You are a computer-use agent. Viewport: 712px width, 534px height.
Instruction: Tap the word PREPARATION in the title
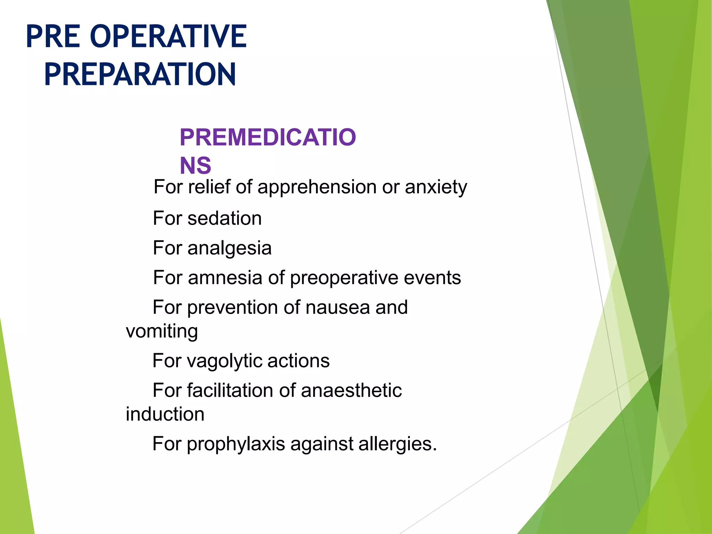point(140,74)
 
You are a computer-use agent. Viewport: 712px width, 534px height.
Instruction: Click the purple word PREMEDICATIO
point(268,137)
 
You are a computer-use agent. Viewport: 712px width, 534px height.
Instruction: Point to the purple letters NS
point(195,165)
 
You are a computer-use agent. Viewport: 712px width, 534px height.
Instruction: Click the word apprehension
point(317,188)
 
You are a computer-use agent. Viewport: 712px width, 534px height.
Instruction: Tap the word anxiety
point(436,188)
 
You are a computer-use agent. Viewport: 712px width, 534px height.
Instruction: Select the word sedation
point(225,219)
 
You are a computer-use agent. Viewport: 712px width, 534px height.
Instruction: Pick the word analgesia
point(229,249)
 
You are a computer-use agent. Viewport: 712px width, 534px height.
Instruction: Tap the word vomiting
point(162,332)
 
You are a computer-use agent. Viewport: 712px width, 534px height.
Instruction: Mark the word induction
point(165,414)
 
